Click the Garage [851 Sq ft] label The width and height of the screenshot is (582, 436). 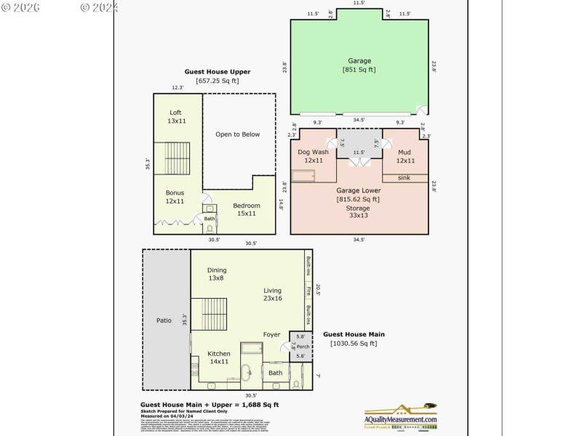pyautogui.click(x=359, y=65)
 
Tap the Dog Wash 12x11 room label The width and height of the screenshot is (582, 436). pyautogui.click(x=313, y=156)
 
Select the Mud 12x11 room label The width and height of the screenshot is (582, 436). pyautogui.click(x=405, y=156)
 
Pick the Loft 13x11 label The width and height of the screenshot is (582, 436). pyautogui.click(x=175, y=116)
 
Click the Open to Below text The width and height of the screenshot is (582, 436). pyautogui.click(x=237, y=134)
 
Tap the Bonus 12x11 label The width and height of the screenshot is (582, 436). pyautogui.click(x=175, y=196)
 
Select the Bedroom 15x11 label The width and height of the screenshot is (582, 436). pyautogui.click(x=246, y=209)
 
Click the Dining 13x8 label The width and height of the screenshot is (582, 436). pyautogui.click(x=217, y=274)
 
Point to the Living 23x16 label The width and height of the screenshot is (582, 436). pyautogui.click(x=273, y=294)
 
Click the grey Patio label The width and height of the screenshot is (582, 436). pyautogui.click(x=164, y=320)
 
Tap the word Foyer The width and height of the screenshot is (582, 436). pyautogui.click(x=271, y=335)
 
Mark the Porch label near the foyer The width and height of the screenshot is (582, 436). pyautogui.click(x=303, y=347)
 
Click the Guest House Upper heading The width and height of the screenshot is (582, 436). pyautogui.click(x=218, y=72)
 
